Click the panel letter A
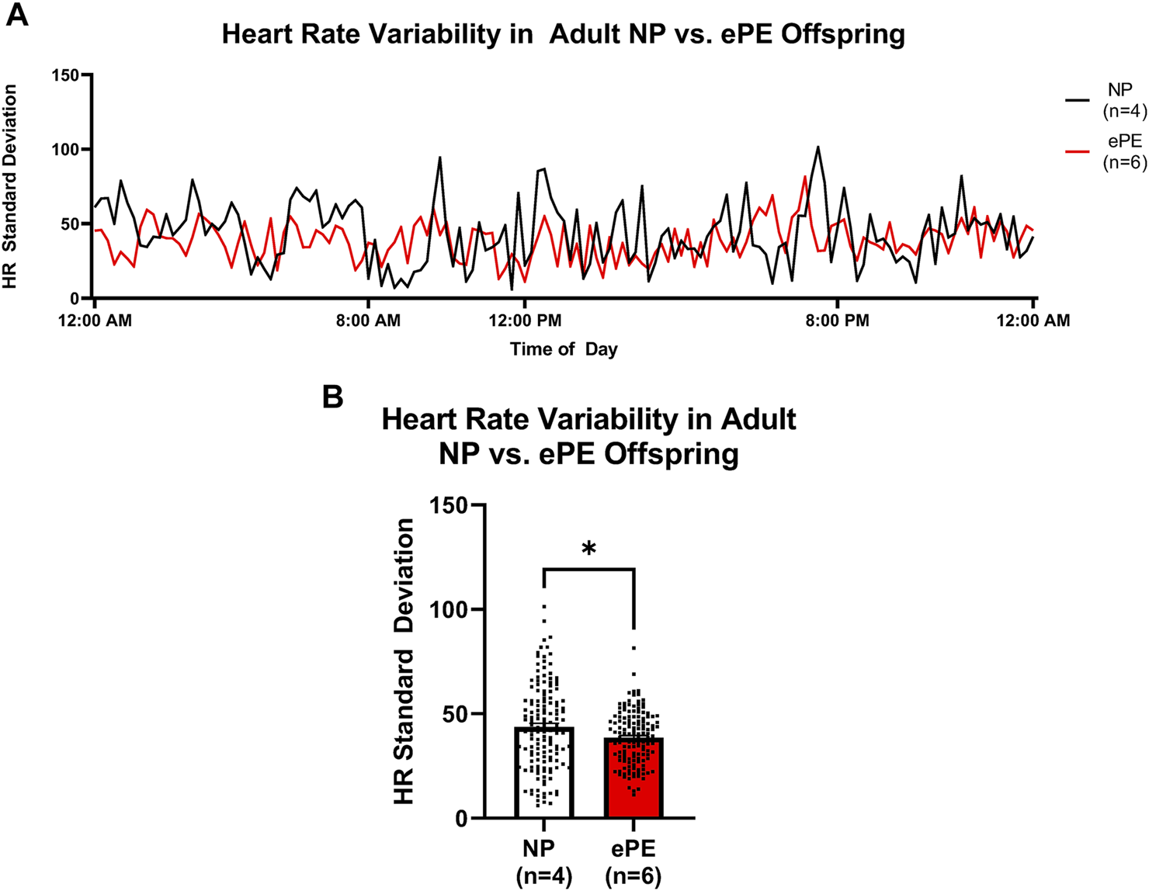click(x=16, y=15)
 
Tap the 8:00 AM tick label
click(x=368, y=321)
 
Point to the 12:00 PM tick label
click(x=525, y=321)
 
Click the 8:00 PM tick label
click(x=838, y=321)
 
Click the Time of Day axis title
click(x=564, y=349)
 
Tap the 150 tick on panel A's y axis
click(x=65, y=75)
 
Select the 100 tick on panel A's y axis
click(x=65, y=149)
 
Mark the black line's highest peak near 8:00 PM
click(x=817, y=147)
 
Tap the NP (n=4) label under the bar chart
click(x=543, y=862)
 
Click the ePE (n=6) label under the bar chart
click(x=634, y=862)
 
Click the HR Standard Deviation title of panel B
click(x=404, y=661)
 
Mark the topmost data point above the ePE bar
click(x=634, y=647)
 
